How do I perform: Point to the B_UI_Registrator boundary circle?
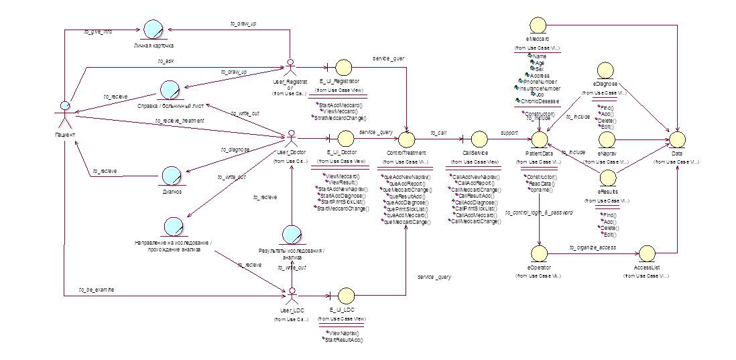344,67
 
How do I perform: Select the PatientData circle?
540,139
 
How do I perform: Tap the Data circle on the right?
677,139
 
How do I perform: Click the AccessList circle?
648,254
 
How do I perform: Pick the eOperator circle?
539,254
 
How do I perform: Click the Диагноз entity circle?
172,177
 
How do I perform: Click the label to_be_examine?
97,289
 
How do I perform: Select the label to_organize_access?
593,247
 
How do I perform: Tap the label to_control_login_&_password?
539,212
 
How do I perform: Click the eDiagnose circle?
605,72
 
